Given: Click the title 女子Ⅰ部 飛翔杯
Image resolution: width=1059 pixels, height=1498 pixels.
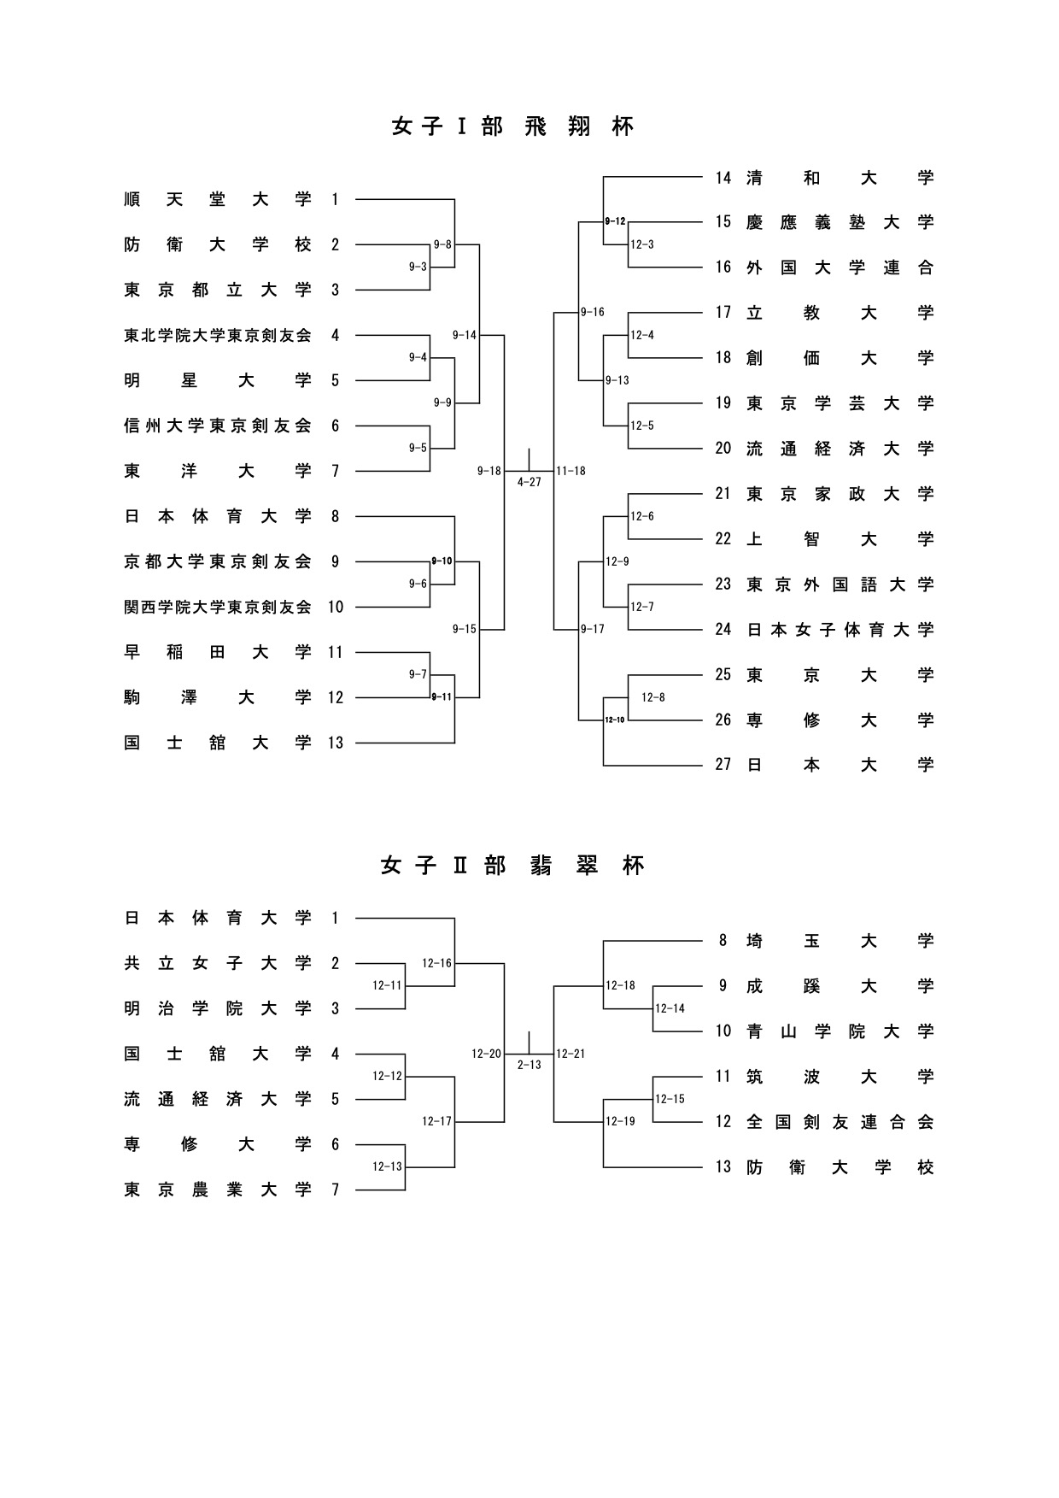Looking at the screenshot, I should click(513, 126).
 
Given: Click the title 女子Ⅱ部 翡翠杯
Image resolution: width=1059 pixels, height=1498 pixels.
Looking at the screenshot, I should click(513, 866).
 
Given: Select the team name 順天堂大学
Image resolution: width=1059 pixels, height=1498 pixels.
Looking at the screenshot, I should click(218, 200).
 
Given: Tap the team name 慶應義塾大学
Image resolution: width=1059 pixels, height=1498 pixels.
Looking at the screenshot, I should click(840, 222).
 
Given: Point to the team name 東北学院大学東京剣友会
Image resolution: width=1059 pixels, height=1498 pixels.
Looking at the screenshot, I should click(218, 336).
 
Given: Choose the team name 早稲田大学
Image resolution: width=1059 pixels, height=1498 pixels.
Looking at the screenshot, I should click(218, 653).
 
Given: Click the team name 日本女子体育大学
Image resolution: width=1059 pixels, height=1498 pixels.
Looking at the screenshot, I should click(840, 630).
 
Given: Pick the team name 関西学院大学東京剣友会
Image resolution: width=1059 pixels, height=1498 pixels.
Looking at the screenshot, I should click(218, 608).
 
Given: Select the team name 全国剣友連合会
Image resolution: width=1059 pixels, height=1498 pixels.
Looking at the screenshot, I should click(840, 1122).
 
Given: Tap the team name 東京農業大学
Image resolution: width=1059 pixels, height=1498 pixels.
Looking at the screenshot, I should click(218, 1190).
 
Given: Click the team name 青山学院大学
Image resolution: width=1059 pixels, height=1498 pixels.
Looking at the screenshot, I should click(840, 1031).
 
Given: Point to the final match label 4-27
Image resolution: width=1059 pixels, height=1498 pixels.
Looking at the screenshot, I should click(529, 483).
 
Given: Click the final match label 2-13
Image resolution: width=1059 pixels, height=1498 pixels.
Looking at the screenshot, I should click(529, 1065).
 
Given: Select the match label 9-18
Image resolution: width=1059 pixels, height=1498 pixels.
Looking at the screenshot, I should click(489, 471).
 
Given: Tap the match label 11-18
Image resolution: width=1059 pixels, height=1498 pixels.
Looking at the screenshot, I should click(570, 471).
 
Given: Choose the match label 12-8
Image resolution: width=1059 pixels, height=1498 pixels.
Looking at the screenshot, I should click(652, 698).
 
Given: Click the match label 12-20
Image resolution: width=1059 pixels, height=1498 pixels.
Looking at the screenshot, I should click(487, 1054).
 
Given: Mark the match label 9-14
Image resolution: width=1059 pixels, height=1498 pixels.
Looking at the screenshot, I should click(465, 335).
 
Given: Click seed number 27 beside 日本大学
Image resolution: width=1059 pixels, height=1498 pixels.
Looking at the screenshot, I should click(723, 765).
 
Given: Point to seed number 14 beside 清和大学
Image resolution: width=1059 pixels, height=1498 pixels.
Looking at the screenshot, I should click(723, 178).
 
